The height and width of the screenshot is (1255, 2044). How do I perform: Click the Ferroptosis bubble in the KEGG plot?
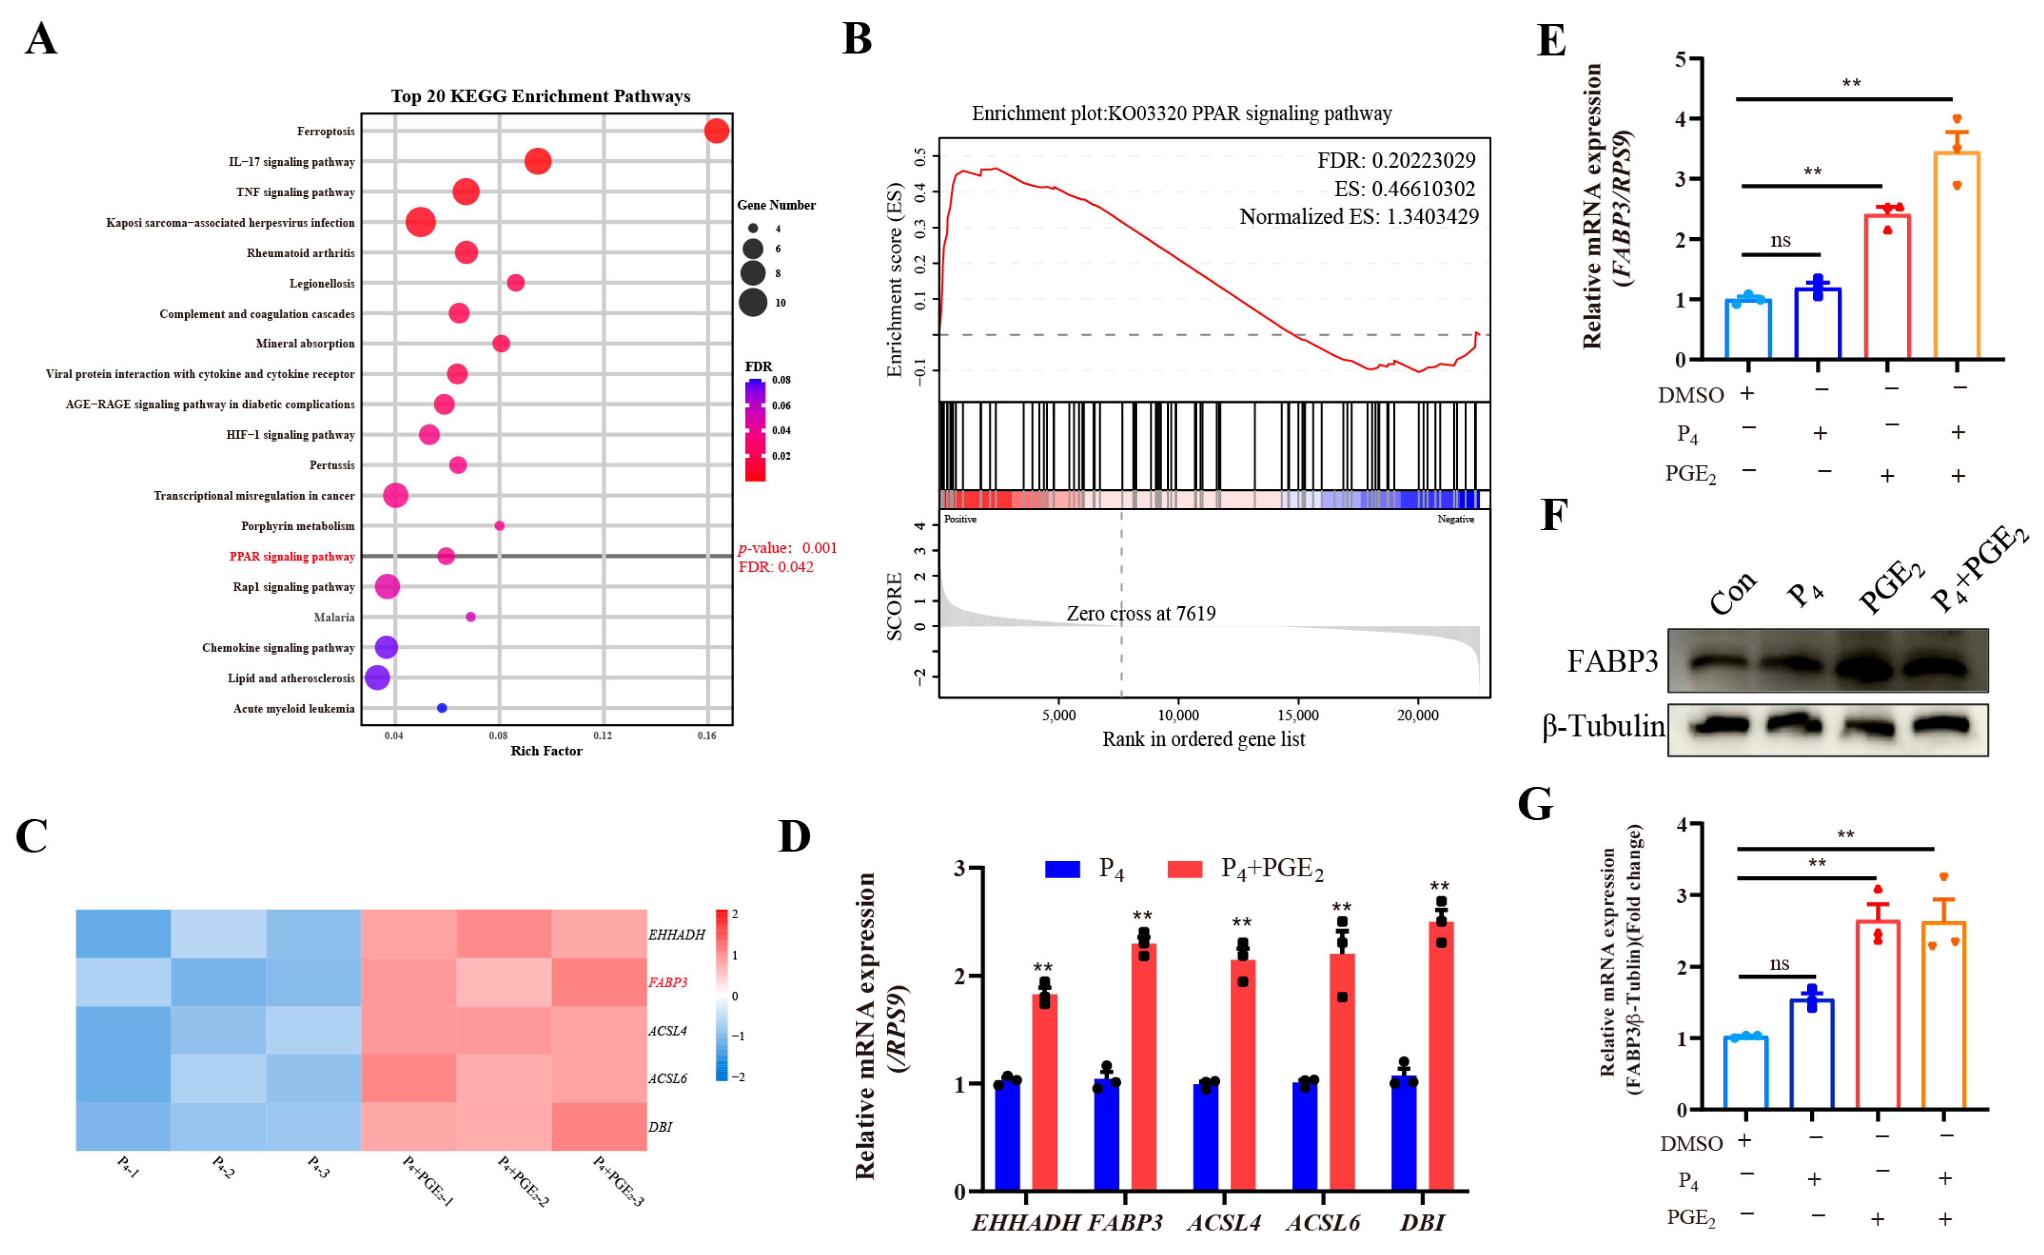point(716,131)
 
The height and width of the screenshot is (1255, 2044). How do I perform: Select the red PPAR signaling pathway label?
point(292,556)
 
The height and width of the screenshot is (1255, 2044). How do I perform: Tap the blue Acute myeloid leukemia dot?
point(442,708)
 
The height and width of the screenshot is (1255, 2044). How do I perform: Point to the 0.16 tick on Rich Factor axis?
point(707,735)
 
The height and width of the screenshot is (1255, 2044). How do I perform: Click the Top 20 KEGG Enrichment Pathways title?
point(540,96)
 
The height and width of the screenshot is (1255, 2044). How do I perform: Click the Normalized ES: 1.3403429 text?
point(1358,217)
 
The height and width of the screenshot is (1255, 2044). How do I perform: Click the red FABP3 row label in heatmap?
point(668,983)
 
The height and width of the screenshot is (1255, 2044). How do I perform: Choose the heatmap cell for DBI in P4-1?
point(123,1126)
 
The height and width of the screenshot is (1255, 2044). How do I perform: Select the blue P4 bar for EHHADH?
point(1007,1135)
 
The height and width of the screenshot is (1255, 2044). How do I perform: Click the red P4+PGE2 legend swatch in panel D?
point(1185,869)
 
